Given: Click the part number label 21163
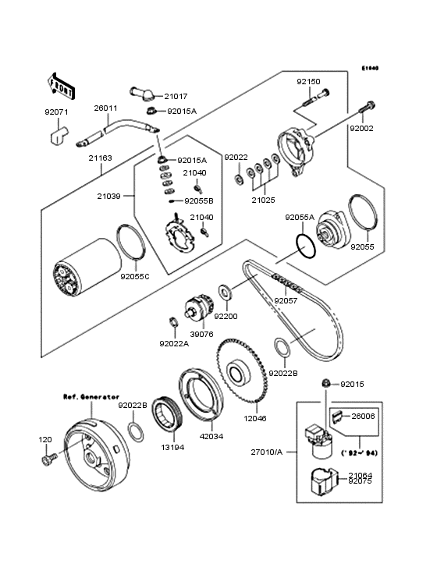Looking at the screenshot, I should [100, 158].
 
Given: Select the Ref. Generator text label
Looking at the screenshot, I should [91, 396].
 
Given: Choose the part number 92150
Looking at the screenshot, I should [307, 81].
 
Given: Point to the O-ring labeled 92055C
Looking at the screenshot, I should [130, 242].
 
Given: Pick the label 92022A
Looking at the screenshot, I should [173, 343].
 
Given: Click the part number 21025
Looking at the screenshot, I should [262, 200].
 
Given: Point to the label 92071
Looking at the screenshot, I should [57, 112].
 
